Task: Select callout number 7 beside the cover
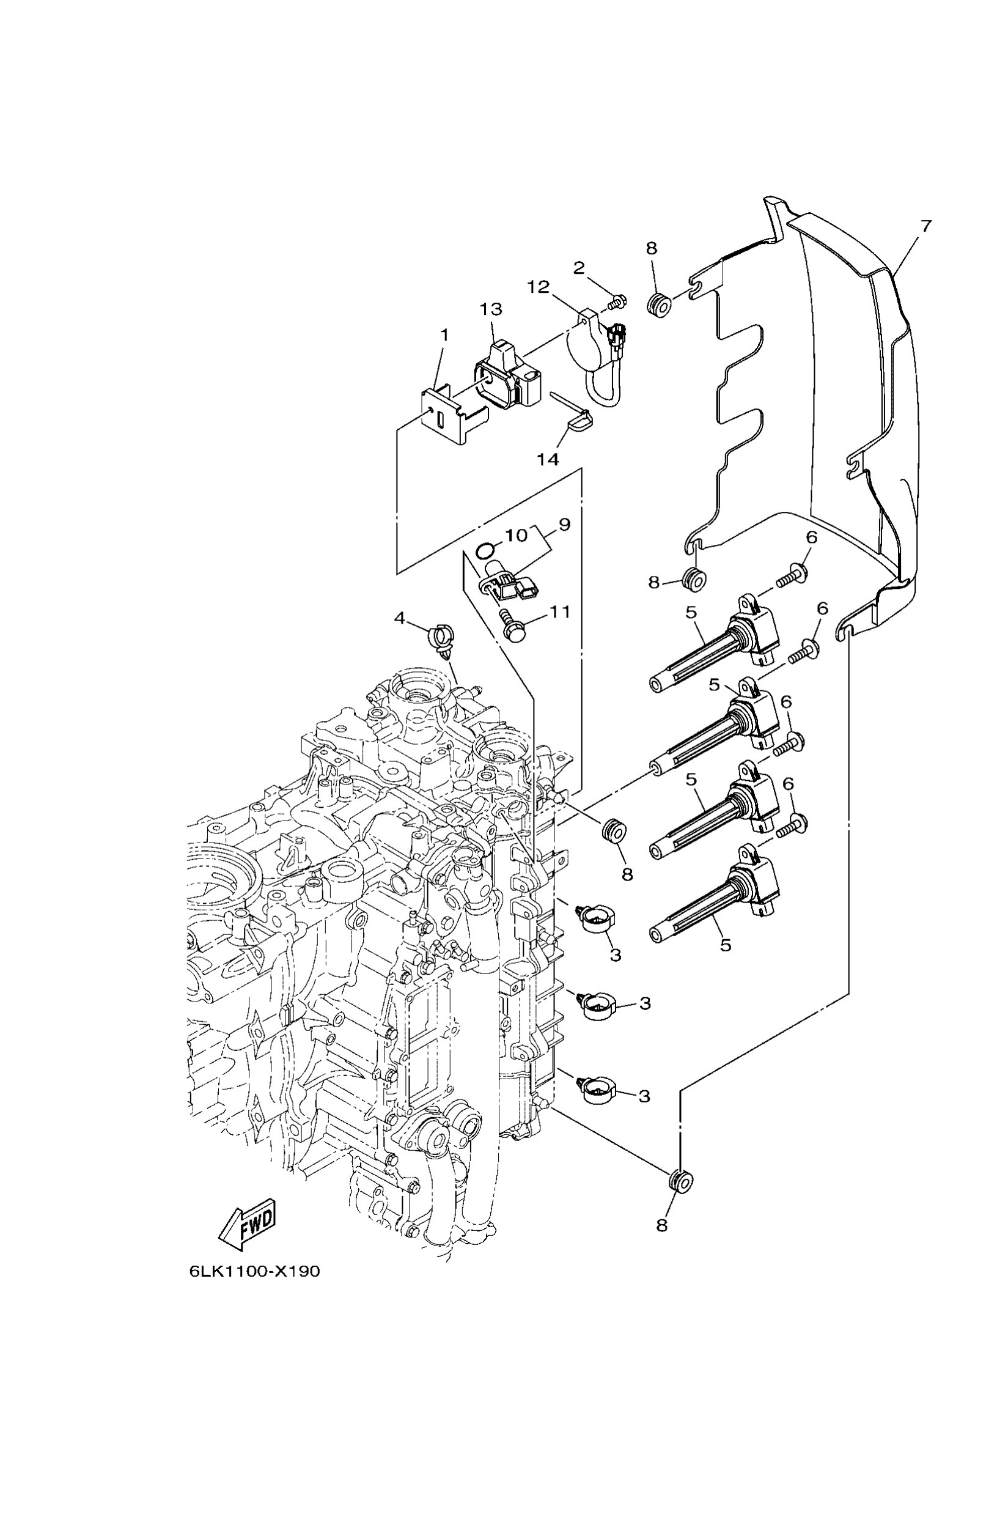click(x=925, y=226)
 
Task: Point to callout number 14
click(x=548, y=459)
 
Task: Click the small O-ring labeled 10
click(x=485, y=550)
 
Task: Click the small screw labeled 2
click(x=619, y=300)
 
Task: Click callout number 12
click(x=539, y=286)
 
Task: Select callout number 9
click(x=564, y=525)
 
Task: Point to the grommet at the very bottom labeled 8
click(x=680, y=1180)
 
